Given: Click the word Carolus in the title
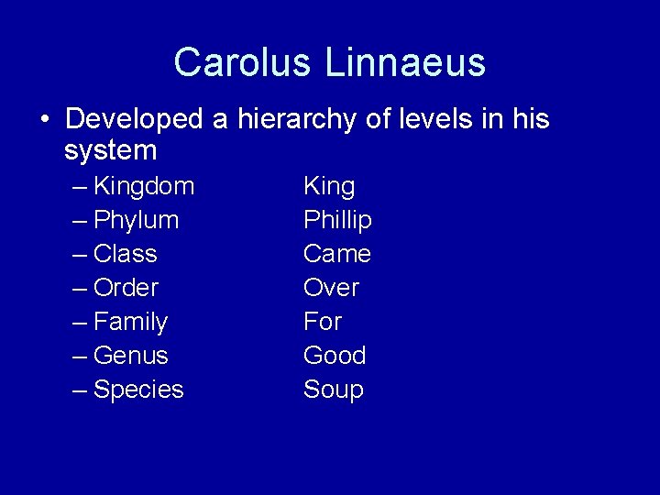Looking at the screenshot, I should click(243, 62).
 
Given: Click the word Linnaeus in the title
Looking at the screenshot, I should click(404, 62).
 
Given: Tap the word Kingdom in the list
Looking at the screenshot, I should click(144, 186).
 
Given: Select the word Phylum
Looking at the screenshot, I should click(137, 220).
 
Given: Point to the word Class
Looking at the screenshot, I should click(126, 254).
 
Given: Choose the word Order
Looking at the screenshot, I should click(126, 288).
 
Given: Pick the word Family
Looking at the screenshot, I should click(131, 322).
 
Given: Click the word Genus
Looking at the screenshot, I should click(131, 356).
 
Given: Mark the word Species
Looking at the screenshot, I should click(138, 390).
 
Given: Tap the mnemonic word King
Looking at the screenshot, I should click(329, 186).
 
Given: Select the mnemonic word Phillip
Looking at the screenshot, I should click(337, 220).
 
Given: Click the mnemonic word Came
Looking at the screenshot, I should click(337, 254).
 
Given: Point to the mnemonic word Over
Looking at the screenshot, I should click(331, 288).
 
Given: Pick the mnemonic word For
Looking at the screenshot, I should click(323, 322).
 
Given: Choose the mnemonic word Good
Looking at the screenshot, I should click(335, 356).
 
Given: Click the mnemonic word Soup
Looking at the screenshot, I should click(334, 390).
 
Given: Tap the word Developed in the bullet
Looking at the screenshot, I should click(134, 119).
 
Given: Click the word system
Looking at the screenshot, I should click(111, 149).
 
